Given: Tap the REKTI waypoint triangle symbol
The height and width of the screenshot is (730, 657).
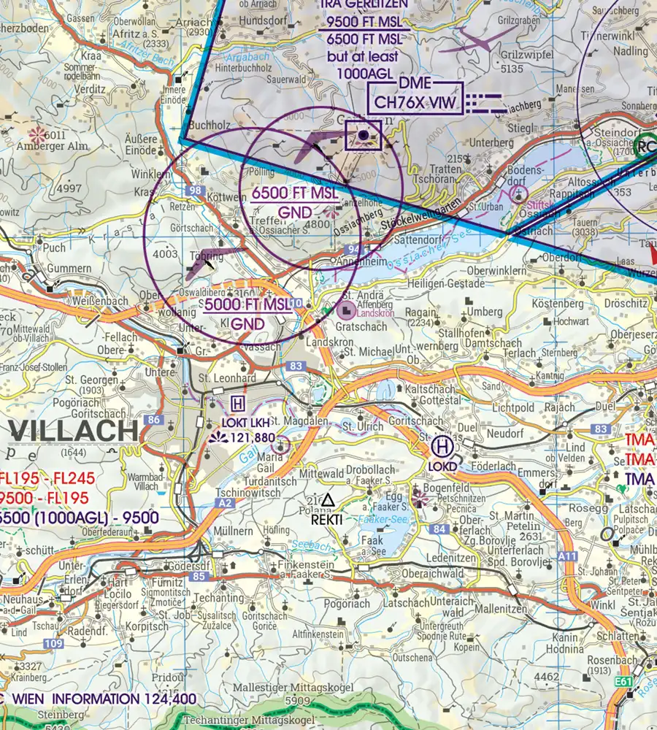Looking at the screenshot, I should tap(327, 500).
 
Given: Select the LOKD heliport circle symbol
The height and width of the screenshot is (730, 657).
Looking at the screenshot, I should tap(442, 445).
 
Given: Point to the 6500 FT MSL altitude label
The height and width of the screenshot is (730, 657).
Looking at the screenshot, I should tap(295, 194).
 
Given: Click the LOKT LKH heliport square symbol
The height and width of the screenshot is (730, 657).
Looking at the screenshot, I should tap(238, 404).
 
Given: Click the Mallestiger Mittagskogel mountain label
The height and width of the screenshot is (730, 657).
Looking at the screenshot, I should tap(293, 688).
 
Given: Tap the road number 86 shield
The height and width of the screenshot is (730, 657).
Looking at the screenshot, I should tap(154, 420).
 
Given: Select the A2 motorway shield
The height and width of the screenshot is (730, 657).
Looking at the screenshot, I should tap(226, 504).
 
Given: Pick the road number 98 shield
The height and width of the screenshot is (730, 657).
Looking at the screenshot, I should tap(194, 191).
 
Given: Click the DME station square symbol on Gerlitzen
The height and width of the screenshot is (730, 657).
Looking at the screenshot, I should tap(363, 135).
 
